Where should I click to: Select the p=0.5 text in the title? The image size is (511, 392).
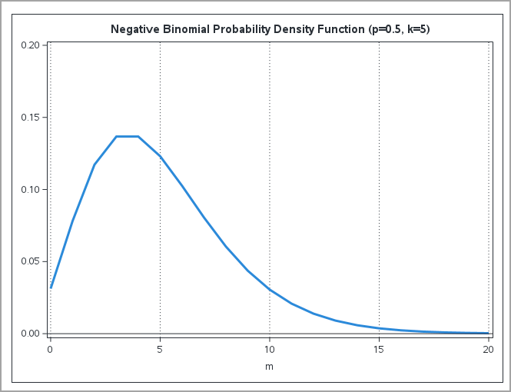click(x=386, y=29)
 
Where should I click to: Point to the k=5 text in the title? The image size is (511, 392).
click(x=422, y=29)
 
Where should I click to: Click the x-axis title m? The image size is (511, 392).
click(x=269, y=367)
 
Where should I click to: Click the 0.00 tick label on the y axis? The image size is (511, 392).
click(x=30, y=334)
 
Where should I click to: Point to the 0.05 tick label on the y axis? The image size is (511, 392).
click(x=30, y=261)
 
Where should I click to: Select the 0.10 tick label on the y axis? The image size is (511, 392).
click(x=30, y=189)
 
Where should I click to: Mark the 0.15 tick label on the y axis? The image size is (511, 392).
click(x=30, y=118)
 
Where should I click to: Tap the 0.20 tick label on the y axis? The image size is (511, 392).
click(x=30, y=45)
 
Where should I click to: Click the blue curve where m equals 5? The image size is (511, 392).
click(x=160, y=156)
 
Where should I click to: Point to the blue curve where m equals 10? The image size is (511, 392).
click(x=270, y=289)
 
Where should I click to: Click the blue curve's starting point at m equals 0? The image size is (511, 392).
click(x=51, y=287)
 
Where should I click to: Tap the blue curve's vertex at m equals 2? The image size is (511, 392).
click(x=95, y=164)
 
